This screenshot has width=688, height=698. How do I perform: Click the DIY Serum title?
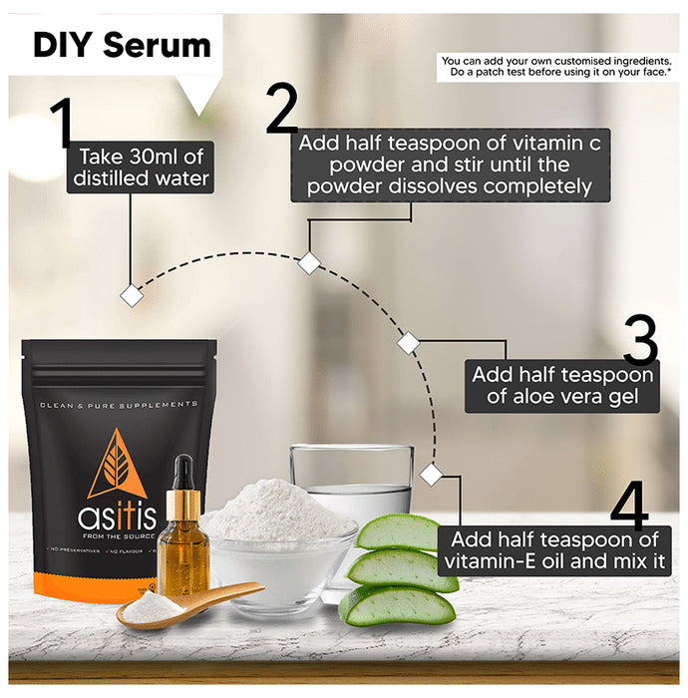click(122, 45)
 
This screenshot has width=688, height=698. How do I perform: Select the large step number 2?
click(282, 110)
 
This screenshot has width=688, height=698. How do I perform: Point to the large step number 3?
click(639, 342)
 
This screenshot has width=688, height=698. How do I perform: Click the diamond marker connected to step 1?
click(130, 295)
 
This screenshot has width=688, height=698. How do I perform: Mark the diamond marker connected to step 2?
click(309, 262)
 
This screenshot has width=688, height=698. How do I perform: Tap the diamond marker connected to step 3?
click(408, 343)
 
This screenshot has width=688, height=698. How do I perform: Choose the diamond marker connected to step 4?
click(431, 474)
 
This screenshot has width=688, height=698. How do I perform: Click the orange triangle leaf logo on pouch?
click(117, 463)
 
